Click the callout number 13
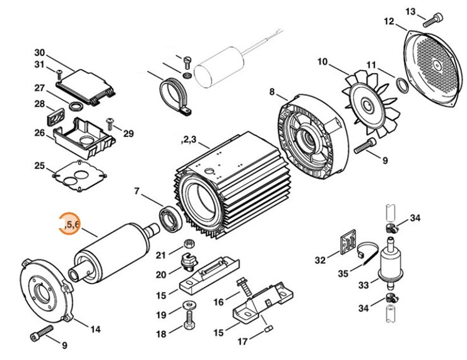[x=411, y=11]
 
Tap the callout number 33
[x=364, y=286]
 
